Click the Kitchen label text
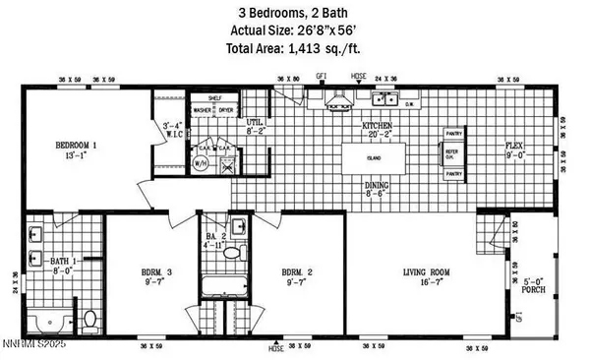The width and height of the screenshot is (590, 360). point(378,127)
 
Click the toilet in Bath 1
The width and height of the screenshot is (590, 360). point(88,320)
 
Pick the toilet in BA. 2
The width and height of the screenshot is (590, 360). point(233,253)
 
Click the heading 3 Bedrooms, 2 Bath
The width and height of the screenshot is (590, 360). point(294,12)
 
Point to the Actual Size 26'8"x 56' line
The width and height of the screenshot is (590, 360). point(294,29)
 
